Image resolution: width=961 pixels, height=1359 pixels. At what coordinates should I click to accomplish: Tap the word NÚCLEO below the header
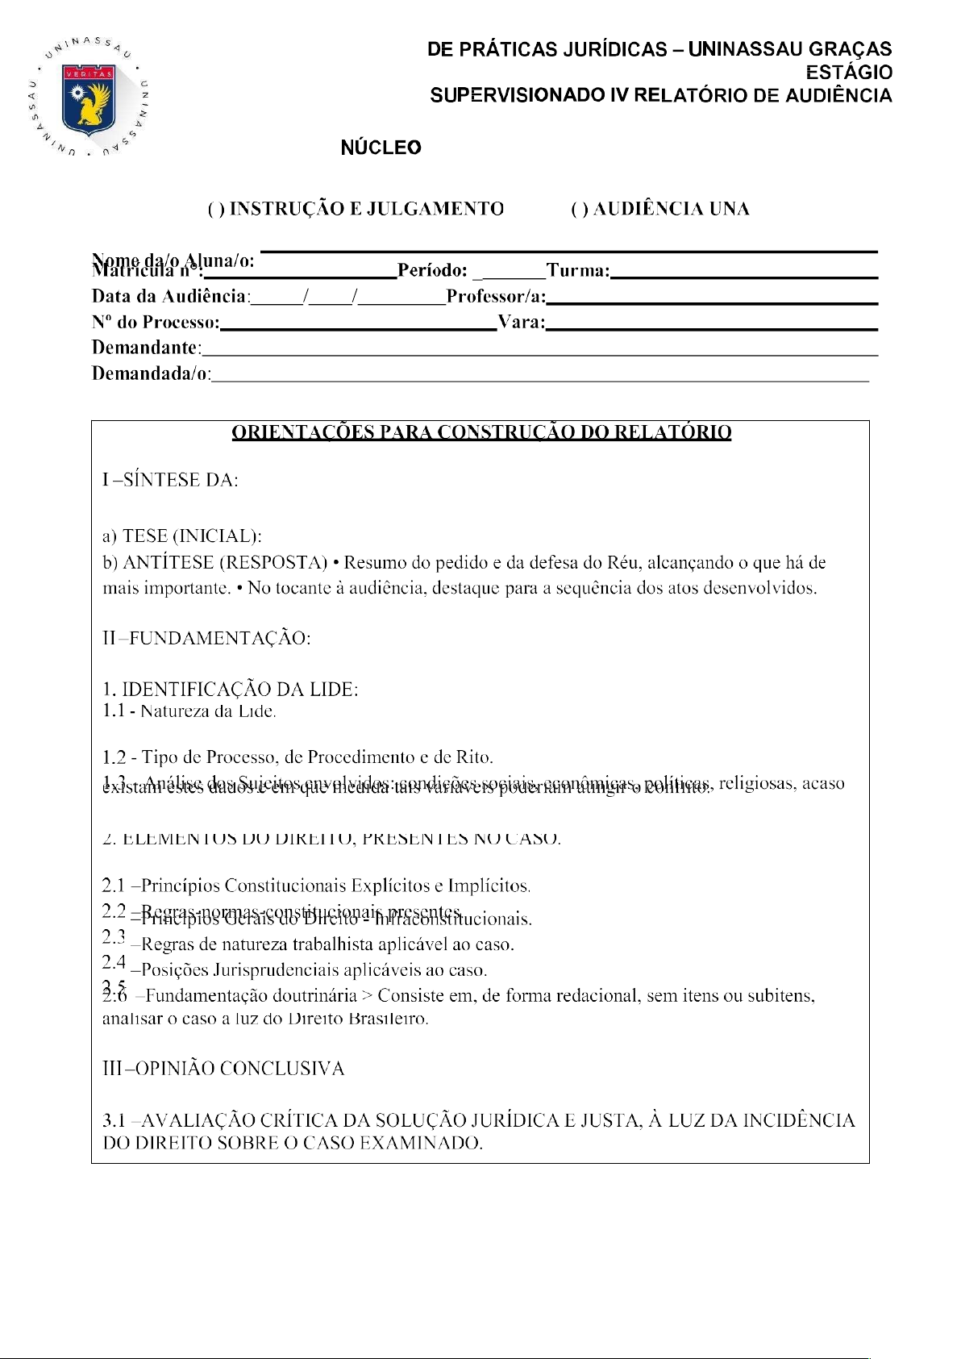tap(381, 148)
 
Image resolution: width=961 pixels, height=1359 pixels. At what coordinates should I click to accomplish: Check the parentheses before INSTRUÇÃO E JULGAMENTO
tap(216, 210)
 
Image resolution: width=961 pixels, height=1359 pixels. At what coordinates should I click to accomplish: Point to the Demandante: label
tap(146, 348)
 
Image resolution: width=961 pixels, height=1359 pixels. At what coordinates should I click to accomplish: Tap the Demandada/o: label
tap(151, 374)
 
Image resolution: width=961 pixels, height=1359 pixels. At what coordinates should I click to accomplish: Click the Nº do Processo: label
tap(156, 323)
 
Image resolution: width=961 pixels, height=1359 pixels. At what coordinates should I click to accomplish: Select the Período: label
tap(432, 271)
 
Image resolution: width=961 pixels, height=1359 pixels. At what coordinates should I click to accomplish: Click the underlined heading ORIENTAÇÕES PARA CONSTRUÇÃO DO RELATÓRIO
tap(481, 433)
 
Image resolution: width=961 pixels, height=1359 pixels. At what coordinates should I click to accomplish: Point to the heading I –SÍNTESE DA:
tap(170, 481)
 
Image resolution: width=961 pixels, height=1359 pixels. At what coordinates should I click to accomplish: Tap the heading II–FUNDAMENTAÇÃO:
tap(206, 639)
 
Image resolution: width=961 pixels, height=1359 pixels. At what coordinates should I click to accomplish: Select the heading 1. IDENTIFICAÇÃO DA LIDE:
tap(231, 690)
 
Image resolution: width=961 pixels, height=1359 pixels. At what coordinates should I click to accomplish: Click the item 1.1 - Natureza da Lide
tap(189, 711)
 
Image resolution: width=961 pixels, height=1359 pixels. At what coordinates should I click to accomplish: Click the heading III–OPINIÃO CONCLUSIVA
tap(223, 1069)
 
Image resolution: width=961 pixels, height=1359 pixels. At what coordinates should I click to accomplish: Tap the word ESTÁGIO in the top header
tap(849, 73)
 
